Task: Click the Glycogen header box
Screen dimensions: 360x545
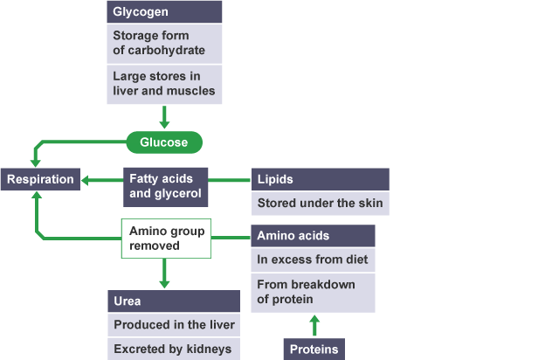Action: (x=164, y=12)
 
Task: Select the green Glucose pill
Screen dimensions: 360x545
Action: (x=164, y=141)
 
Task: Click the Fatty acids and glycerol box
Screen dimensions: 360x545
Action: (x=164, y=186)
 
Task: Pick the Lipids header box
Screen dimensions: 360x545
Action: (x=320, y=179)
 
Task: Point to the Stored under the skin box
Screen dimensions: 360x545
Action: (x=320, y=204)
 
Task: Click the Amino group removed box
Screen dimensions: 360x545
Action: (x=166, y=239)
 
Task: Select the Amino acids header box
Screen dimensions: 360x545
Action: (x=314, y=236)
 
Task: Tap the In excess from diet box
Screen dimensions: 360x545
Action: (x=314, y=260)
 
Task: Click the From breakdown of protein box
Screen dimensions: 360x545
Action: (x=314, y=292)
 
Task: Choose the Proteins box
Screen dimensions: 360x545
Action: (x=314, y=349)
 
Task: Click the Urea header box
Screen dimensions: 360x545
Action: (x=174, y=301)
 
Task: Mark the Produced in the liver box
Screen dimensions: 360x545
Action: (x=174, y=325)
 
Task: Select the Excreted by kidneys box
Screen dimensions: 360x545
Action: (x=174, y=349)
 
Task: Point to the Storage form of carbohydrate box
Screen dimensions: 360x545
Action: (x=164, y=43)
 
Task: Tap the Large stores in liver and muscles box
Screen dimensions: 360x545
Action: (x=164, y=82)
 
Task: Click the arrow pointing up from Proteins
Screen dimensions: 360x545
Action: (x=315, y=326)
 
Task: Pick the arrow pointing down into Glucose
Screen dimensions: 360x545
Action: (x=164, y=116)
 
